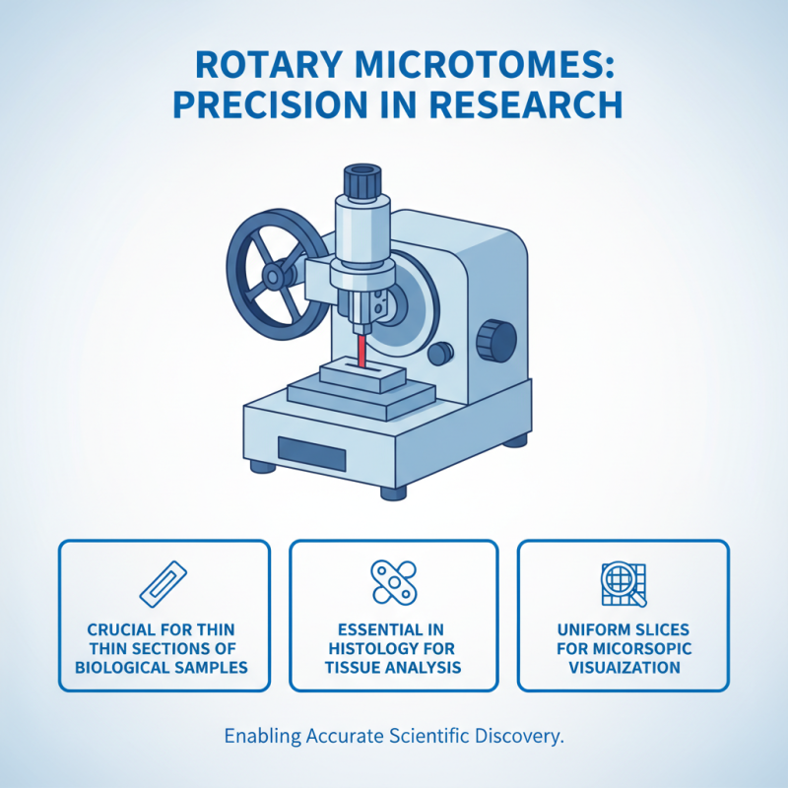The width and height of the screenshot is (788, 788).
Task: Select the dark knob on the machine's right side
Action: [x=495, y=340]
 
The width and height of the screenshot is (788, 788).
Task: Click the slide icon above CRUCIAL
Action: [x=164, y=582]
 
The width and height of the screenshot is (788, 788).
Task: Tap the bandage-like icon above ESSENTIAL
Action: [x=393, y=582]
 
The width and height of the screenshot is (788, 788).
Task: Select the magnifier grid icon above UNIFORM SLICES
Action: [x=623, y=583]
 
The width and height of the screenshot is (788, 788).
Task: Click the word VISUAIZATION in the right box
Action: [x=624, y=667]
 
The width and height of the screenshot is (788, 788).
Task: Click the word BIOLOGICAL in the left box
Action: [x=120, y=667]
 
